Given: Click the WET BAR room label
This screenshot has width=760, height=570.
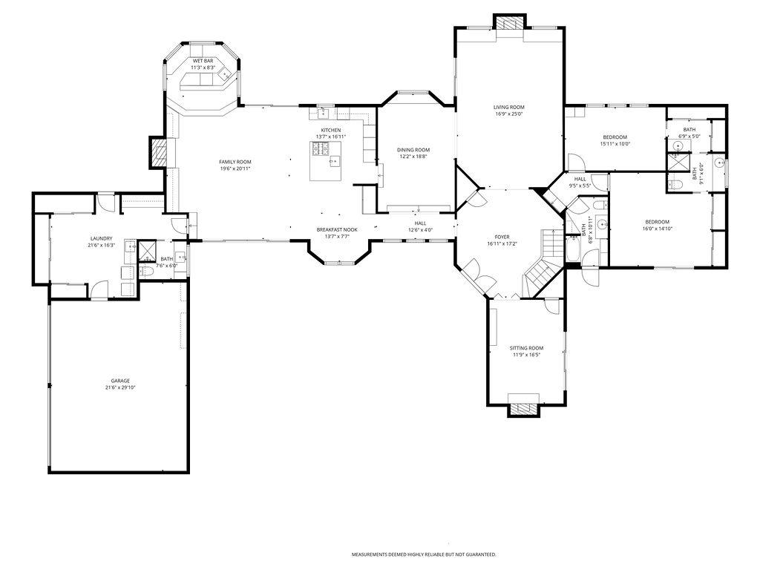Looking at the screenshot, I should click(203, 60).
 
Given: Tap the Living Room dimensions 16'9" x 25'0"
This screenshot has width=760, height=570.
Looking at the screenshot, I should click(509, 114).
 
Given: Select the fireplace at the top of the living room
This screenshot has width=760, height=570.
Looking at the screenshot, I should click(509, 23).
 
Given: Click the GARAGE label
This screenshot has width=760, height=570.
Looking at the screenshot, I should click(120, 381).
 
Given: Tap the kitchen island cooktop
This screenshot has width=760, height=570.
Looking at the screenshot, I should click(321, 151).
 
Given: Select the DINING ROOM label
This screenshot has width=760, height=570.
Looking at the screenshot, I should click(413, 150).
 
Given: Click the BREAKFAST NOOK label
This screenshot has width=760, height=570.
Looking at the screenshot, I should click(337, 229).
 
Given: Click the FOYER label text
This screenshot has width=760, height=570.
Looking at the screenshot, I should click(502, 237).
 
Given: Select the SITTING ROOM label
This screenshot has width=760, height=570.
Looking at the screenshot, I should click(526, 348).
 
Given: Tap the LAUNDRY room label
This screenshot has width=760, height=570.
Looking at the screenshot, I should click(101, 238).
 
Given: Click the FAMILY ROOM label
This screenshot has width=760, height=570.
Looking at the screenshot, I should click(235, 162).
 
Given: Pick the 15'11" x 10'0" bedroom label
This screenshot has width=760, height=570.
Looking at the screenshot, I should click(615, 137).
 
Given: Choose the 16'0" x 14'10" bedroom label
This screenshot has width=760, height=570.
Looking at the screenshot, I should click(657, 222).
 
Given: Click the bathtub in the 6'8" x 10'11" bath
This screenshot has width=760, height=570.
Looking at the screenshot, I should click(573, 251).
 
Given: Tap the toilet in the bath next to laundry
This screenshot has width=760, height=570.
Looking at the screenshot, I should click(146, 272).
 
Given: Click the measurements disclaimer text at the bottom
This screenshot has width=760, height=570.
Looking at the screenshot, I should click(424, 554).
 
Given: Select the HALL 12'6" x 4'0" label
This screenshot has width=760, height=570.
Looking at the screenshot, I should click(420, 223).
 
